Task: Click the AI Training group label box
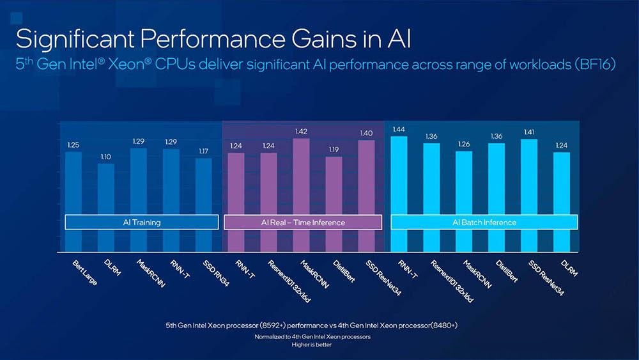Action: pyautogui.click(x=142, y=223)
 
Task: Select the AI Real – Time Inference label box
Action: pyautogui.click(x=303, y=223)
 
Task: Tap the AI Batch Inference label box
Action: pyautogui.click(x=484, y=222)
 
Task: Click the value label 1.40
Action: pyautogui.click(x=366, y=133)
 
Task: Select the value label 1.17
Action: pyautogui.click(x=203, y=152)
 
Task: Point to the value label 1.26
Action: pyautogui.click(x=464, y=145)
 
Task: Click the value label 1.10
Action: pyautogui.click(x=106, y=157)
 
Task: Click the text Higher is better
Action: pyautogui.click(x=312, y=343)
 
